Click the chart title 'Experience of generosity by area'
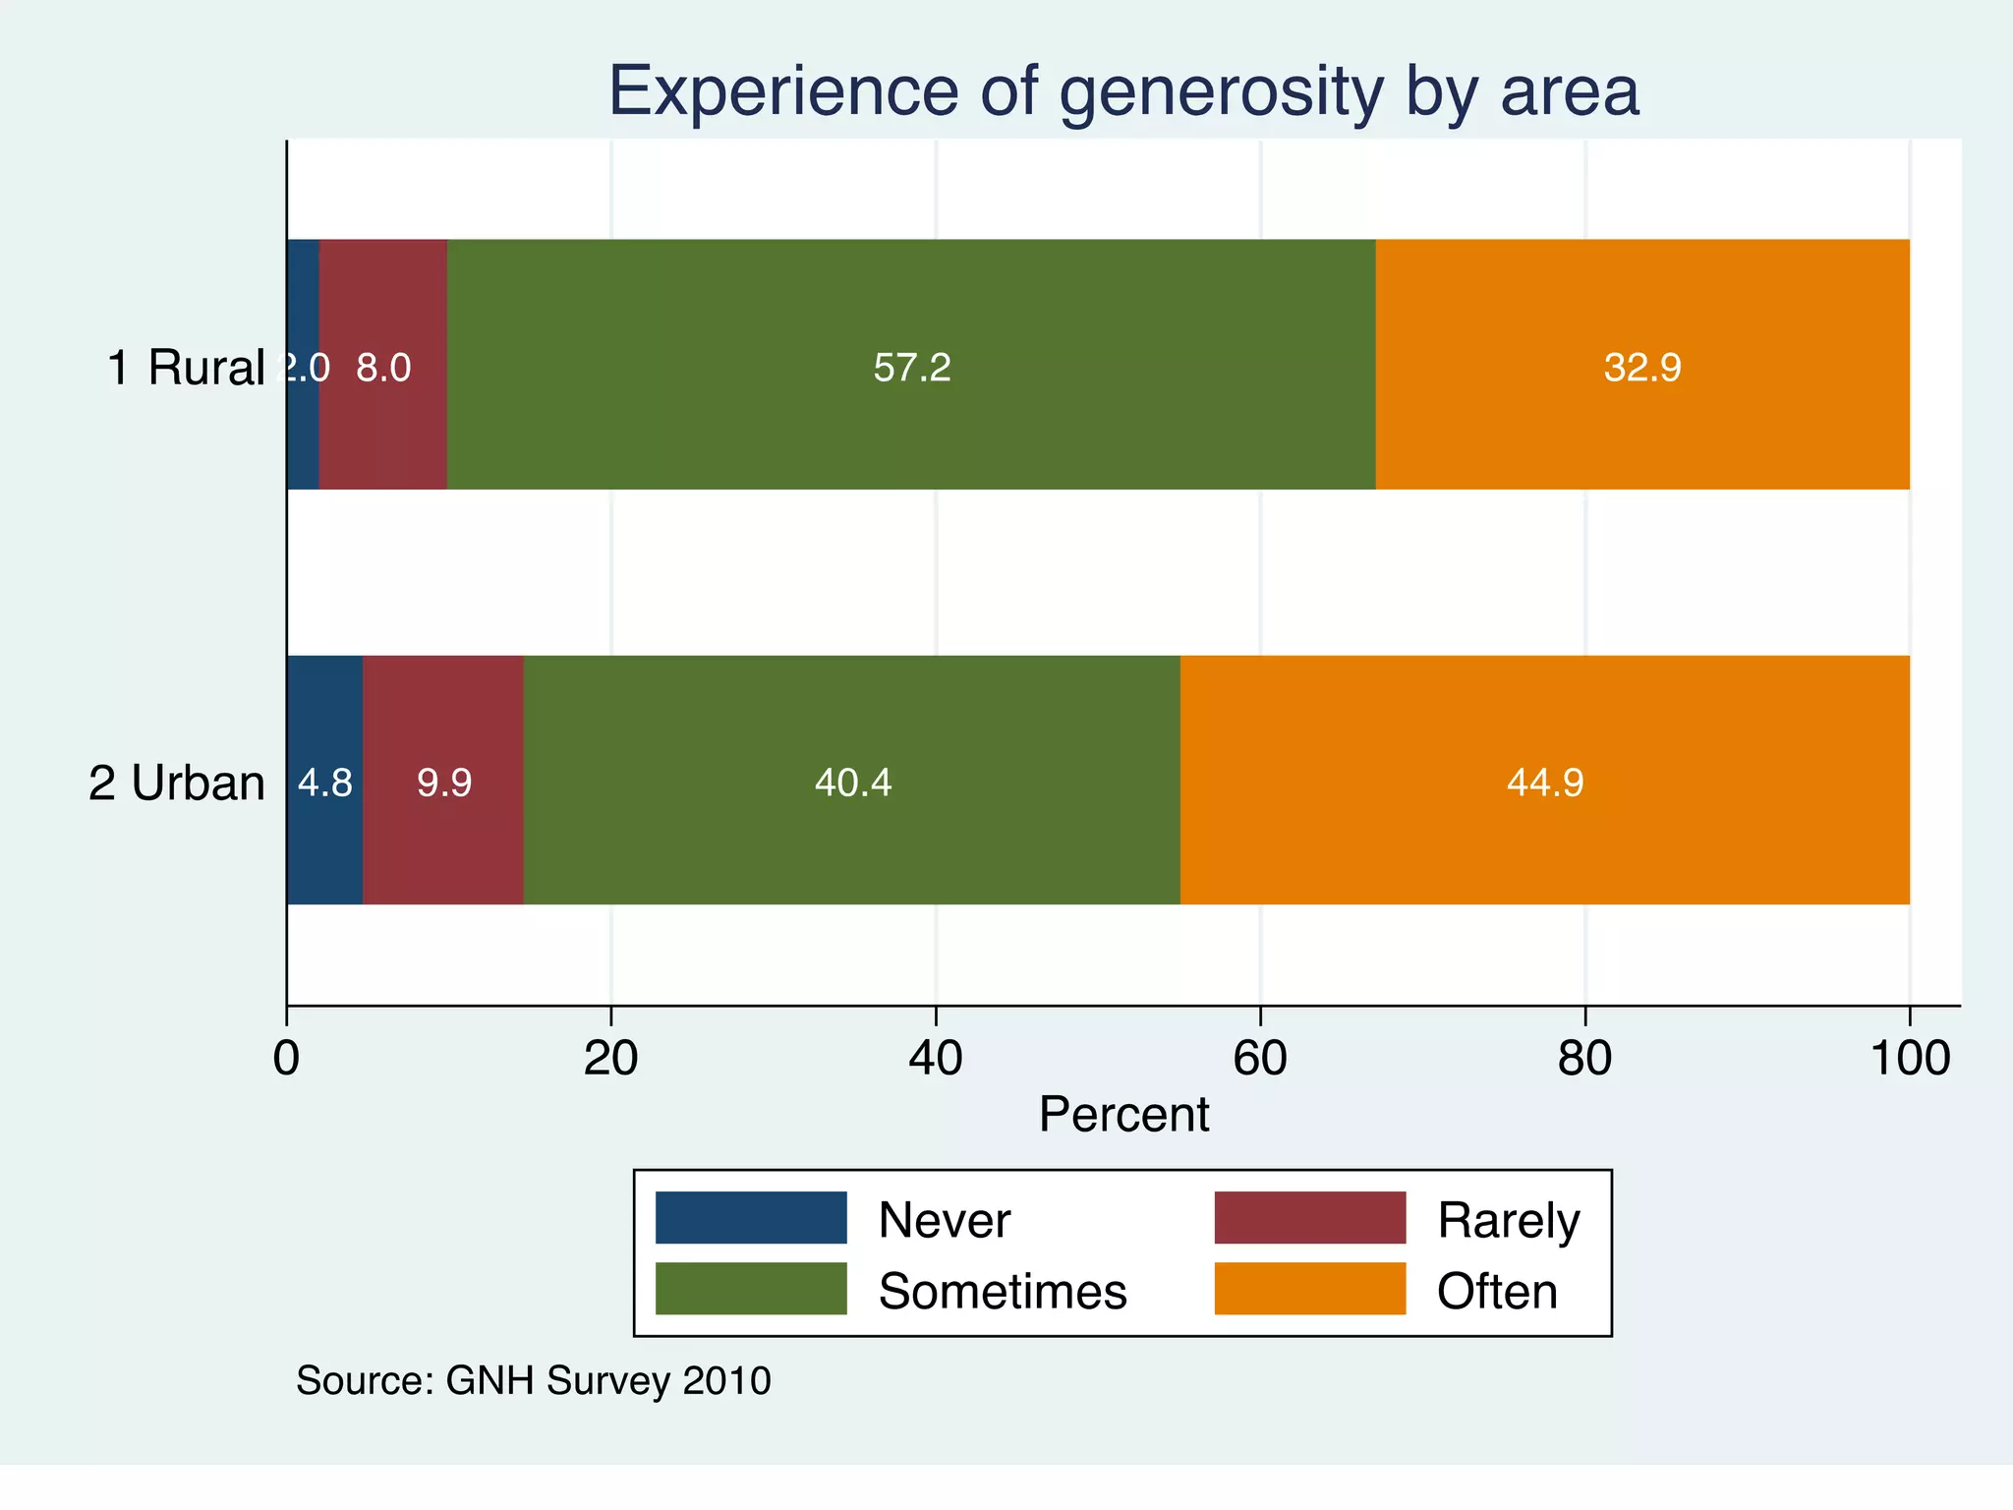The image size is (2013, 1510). pos(1123,91)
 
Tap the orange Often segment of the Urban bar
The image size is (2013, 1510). pos(1544,845)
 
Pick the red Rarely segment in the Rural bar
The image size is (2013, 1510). pos(383,433)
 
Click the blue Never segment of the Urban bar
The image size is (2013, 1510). pos(324,845)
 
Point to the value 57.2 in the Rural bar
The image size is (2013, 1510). pos(912,368)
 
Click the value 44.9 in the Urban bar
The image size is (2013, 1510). pos(1545,783)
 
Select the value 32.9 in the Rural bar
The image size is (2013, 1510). pos(1642,368)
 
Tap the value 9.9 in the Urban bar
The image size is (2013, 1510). pos(444,783)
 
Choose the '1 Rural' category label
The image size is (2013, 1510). pos(186,368)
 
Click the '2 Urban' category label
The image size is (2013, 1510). pos(177,784)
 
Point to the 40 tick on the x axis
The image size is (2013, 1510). pos(936,1059)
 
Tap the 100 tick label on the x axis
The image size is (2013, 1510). pos(1909,1059)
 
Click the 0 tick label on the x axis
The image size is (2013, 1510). pos(287,1059)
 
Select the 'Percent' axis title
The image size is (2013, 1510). pos(1123,1115)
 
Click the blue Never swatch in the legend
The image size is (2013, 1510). pos(751,1218)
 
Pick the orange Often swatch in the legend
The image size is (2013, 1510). pos(1309,1289)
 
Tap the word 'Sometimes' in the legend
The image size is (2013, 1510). pos(1003,1291)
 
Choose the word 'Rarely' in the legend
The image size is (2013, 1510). pos(1508,1221)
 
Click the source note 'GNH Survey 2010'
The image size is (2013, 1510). pos(607,1381)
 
